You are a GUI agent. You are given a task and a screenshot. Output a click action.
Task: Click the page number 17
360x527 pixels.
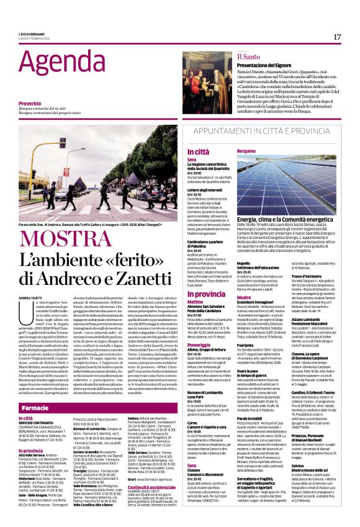click(x=337, y=37)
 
